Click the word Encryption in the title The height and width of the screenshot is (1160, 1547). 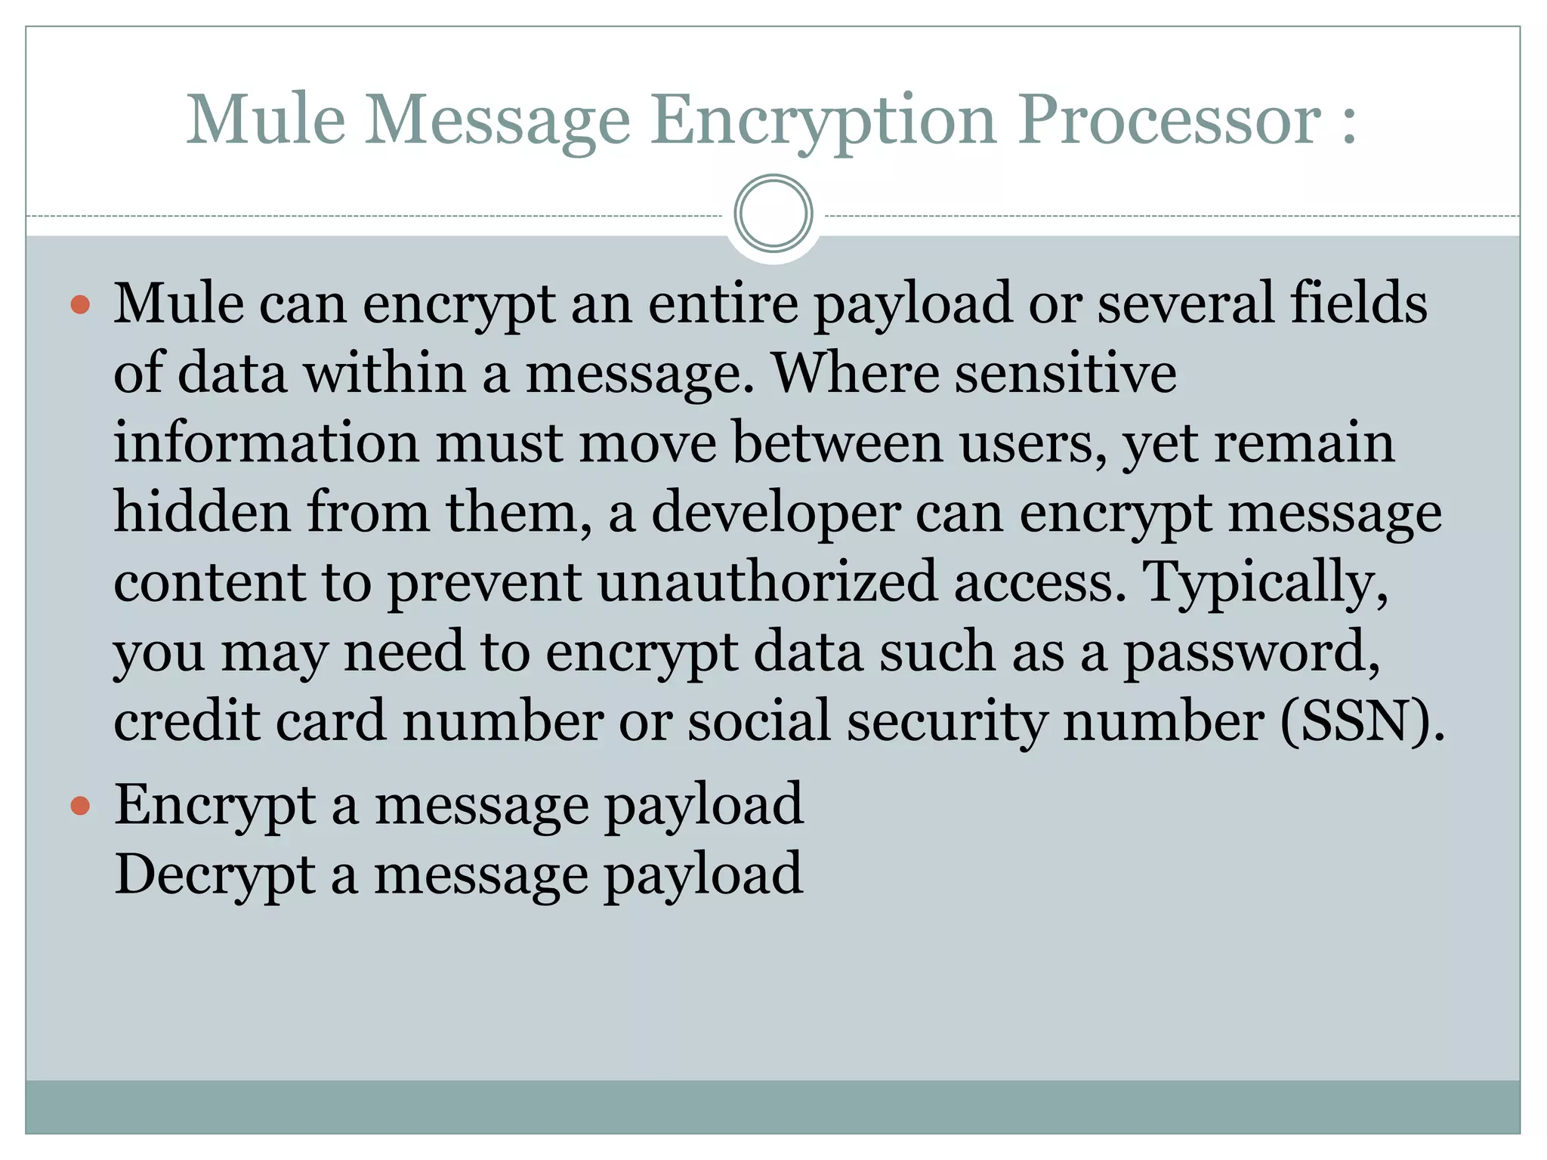[823, 121]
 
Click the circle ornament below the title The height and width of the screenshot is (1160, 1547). [773, 214]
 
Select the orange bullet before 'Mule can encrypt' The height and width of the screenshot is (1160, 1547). [80, 305]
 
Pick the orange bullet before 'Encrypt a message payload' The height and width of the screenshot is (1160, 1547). [80, 806]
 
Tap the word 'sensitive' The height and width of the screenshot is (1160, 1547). [1065, 373]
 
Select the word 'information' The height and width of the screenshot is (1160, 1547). [266, 443]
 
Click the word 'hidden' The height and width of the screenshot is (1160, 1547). [202, 512]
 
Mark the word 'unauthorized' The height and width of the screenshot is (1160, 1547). [767, 582]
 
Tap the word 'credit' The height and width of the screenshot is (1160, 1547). [187, 721]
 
